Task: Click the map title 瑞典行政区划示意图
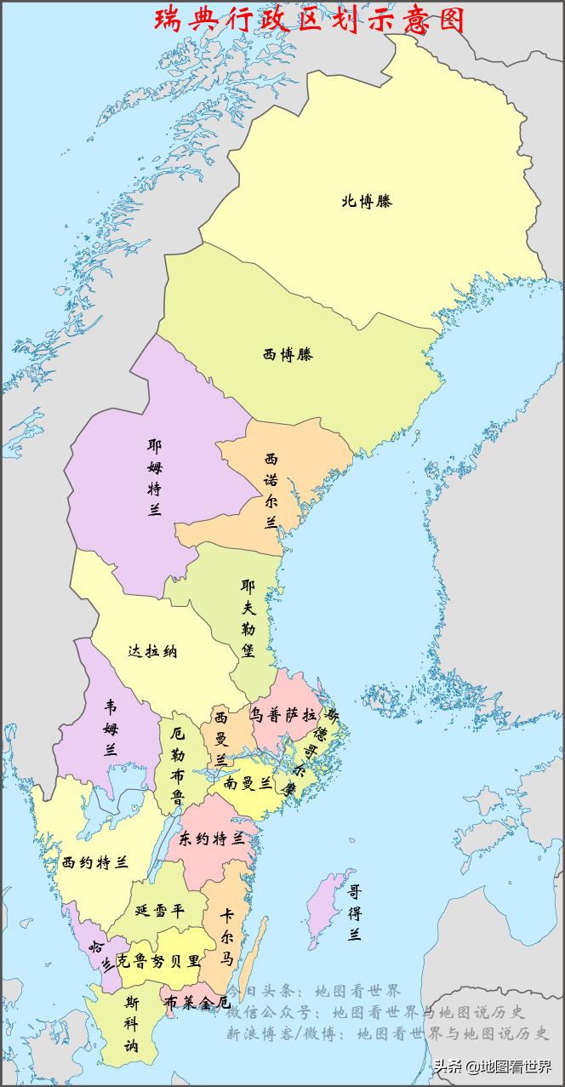310,20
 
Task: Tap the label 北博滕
367,202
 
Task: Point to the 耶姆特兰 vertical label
154,478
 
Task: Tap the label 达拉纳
152,652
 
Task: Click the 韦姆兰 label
111,728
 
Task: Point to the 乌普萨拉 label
283,714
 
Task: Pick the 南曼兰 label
248,783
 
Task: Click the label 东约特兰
212,839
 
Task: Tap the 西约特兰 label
94,863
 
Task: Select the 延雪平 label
159,909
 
